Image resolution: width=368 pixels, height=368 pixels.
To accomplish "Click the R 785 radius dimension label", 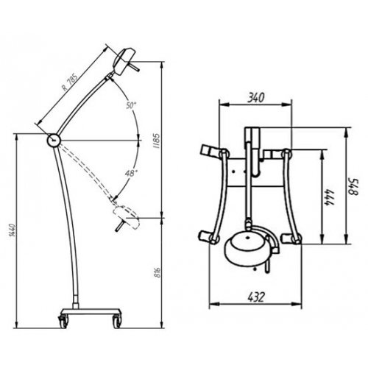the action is click(71, 82).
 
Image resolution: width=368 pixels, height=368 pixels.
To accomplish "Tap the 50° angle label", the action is click(131, 105).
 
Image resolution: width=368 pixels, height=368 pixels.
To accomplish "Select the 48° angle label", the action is click(131, 174).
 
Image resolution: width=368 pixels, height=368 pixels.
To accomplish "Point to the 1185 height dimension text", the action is click(156, 141).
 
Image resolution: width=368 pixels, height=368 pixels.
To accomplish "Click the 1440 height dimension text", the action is click(13, 230).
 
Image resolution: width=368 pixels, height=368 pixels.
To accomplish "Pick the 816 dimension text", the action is click(158, 272).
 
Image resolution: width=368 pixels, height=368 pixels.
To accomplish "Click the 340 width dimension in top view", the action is click(255, 97).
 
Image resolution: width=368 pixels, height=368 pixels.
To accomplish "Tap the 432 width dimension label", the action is click(256, 297).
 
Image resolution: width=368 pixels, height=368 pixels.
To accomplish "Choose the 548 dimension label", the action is click(355, 187).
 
